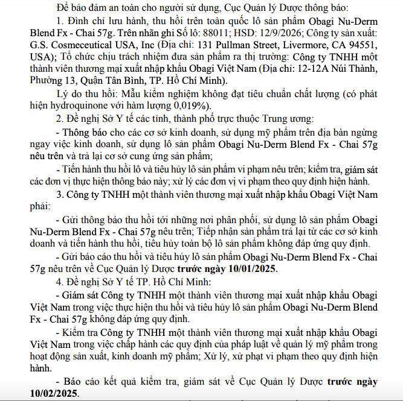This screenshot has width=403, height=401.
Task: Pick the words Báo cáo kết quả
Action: coord(94,381)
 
